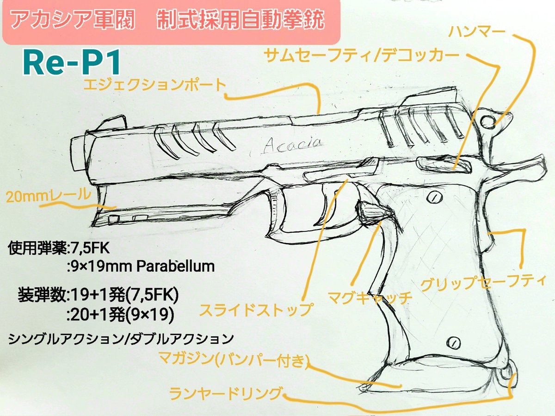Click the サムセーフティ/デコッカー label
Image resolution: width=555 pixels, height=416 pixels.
pos(362,57)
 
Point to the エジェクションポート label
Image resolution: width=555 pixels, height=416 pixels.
pos(154,85)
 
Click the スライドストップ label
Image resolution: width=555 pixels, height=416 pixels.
pos(256,309)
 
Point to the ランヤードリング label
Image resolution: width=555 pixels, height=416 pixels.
pos(226,394)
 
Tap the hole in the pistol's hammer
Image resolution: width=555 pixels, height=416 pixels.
pos(489,122)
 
